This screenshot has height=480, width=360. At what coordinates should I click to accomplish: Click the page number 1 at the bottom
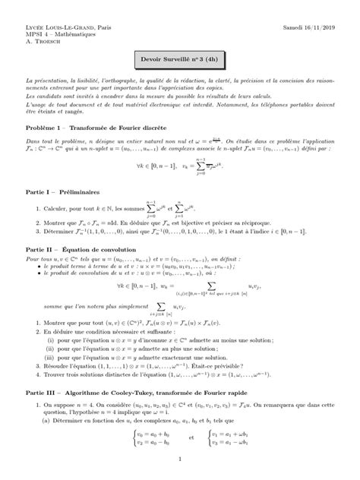pos(179,459)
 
